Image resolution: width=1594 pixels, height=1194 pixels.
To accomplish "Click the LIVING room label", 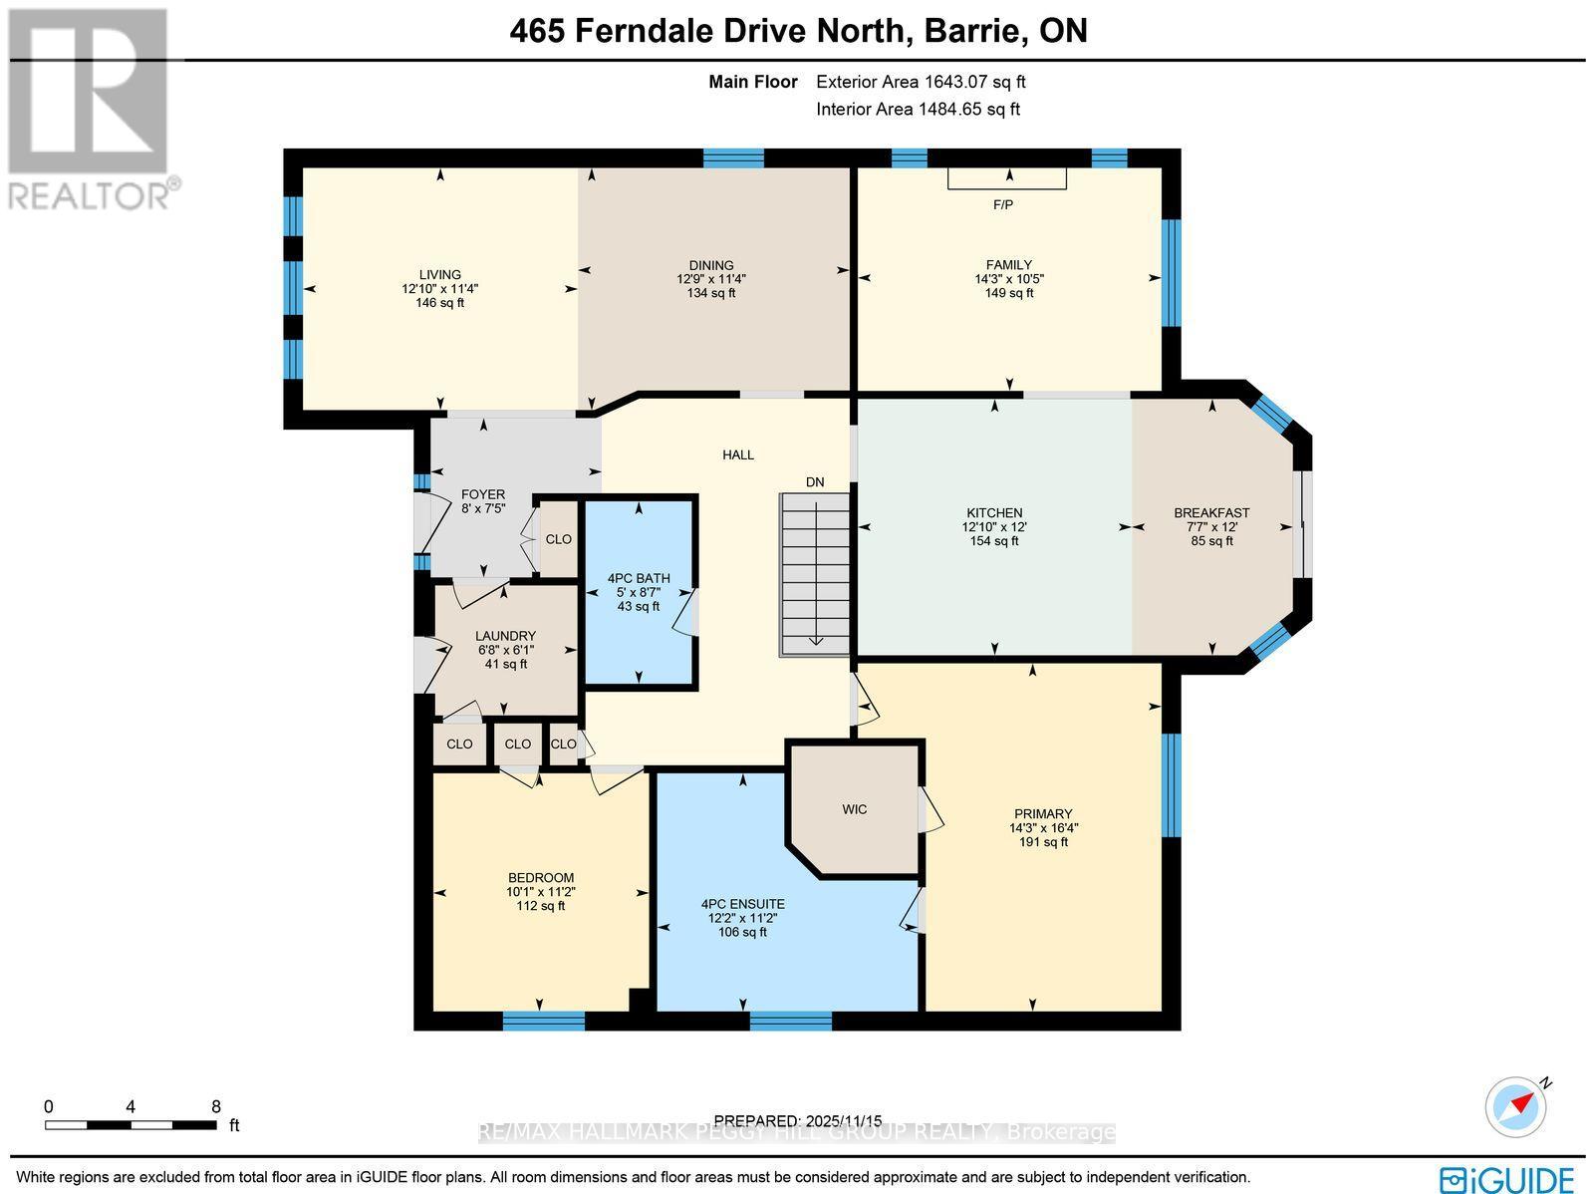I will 439,274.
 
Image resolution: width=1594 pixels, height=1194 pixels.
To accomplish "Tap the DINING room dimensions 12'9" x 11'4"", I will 711,279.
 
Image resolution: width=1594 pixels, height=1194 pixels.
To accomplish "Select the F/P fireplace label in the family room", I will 1003,205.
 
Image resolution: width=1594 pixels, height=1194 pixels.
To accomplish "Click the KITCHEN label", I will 992,512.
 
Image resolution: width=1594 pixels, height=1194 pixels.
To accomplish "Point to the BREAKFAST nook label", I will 1211,512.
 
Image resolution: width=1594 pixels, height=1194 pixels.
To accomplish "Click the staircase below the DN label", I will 814,575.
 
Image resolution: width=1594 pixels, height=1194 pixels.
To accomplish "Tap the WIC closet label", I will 854,809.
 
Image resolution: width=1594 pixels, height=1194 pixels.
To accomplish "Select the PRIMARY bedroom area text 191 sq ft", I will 1043,841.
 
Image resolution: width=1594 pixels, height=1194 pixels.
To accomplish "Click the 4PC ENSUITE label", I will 742,904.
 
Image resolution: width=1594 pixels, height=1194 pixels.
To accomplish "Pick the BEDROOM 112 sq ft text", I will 540,906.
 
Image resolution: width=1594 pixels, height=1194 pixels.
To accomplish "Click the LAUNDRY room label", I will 505,636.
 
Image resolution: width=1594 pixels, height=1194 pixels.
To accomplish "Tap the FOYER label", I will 483,494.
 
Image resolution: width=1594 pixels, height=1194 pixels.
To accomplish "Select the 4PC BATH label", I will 639,578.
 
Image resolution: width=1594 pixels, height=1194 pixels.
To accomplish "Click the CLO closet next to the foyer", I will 558,539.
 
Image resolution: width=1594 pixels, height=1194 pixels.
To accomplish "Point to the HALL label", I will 738,454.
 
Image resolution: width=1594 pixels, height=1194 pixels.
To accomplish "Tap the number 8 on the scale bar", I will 216,1106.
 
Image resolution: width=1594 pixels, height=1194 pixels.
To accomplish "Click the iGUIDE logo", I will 1508,1179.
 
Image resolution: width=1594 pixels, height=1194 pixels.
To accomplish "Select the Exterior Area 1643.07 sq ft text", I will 921,83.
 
